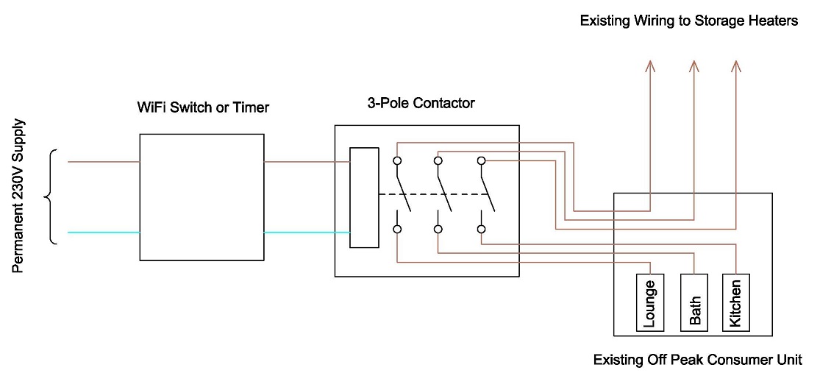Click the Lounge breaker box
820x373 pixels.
click(649, 302)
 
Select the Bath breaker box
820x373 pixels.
click(695, 302)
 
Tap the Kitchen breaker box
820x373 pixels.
click(736, 302)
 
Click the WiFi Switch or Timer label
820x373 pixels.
click(203, 108)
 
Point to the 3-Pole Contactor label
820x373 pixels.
click(421, 104)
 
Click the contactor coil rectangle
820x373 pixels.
click(364, 198)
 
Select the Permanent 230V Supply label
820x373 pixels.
click(19, 196)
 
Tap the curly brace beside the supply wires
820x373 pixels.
click(51, 196)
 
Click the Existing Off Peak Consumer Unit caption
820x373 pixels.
click(697, 360)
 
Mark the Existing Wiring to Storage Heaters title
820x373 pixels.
click(689, 21)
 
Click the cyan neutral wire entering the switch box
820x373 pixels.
click(103, 232)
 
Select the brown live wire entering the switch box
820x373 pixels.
click(103, 161)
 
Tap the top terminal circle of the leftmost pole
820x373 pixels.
click(397, 160)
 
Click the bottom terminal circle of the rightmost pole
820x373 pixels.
click(481, 230)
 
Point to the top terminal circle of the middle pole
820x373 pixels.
click(438, 160)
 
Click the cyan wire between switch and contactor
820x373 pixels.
click(306, 232)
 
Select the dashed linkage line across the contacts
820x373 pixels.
click(434, 195)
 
